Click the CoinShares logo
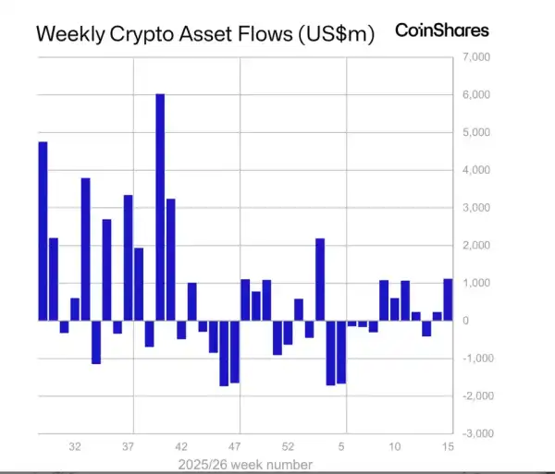[441, 30]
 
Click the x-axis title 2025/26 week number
[245, 464]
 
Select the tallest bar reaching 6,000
[160, 207]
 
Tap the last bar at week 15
[449, 299]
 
